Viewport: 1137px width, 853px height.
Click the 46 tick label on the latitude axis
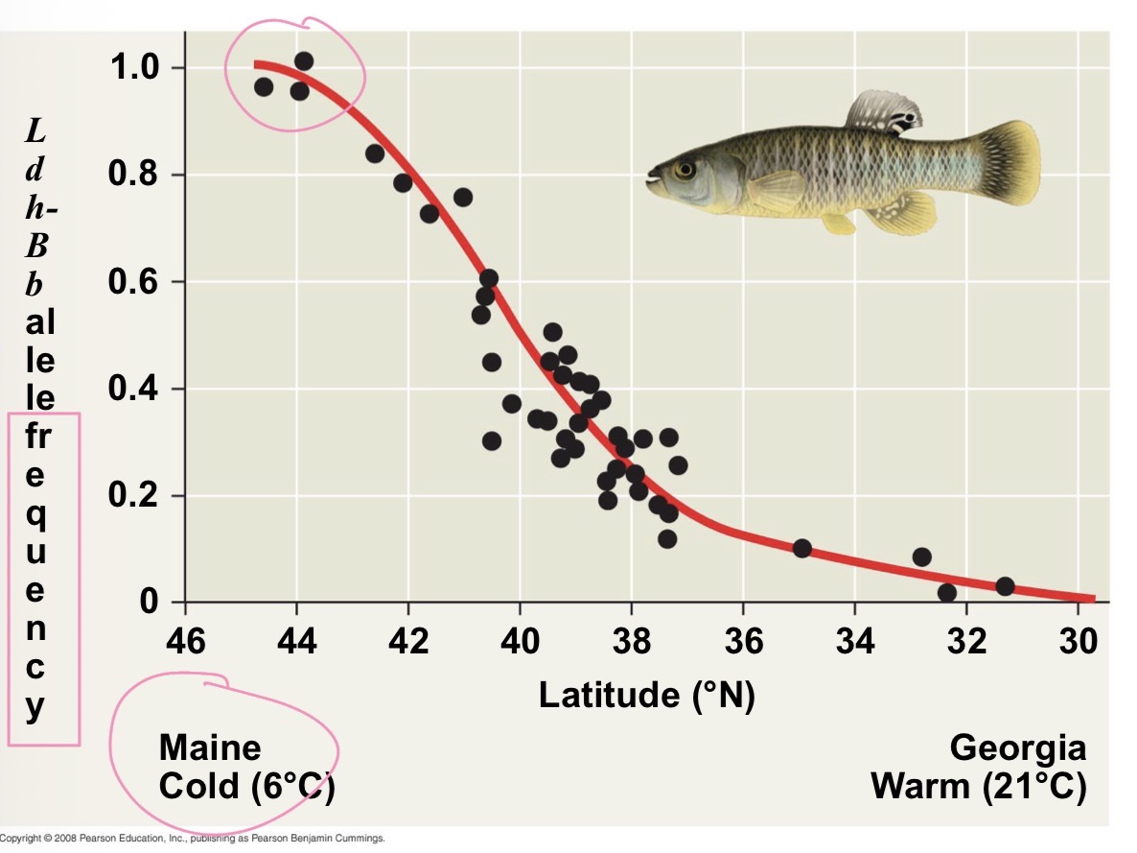185,640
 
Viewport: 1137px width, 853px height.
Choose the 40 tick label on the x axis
521,640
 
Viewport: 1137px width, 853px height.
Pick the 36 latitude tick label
744,640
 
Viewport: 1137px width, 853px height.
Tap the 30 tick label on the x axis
1079,640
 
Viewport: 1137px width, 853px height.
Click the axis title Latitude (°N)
647,695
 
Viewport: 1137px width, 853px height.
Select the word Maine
210,747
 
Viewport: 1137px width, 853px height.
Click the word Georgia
1018,747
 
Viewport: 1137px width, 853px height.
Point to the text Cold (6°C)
246,787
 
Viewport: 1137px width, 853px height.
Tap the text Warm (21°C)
978,787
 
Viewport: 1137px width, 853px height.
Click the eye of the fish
685,170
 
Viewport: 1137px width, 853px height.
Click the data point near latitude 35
802,549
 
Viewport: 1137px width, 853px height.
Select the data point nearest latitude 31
1005,586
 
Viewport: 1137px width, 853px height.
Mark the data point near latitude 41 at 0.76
463,197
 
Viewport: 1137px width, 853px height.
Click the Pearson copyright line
192,838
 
